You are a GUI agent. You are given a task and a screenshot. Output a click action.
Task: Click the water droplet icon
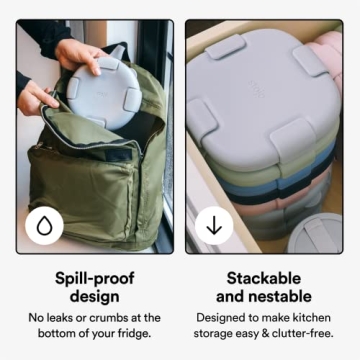click(44, 225)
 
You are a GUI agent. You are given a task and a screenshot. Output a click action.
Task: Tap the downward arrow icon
click(213, 225)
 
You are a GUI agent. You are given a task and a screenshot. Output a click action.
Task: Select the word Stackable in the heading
click(265, 277)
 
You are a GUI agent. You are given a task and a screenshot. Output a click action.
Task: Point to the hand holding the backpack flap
click(38, 97)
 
